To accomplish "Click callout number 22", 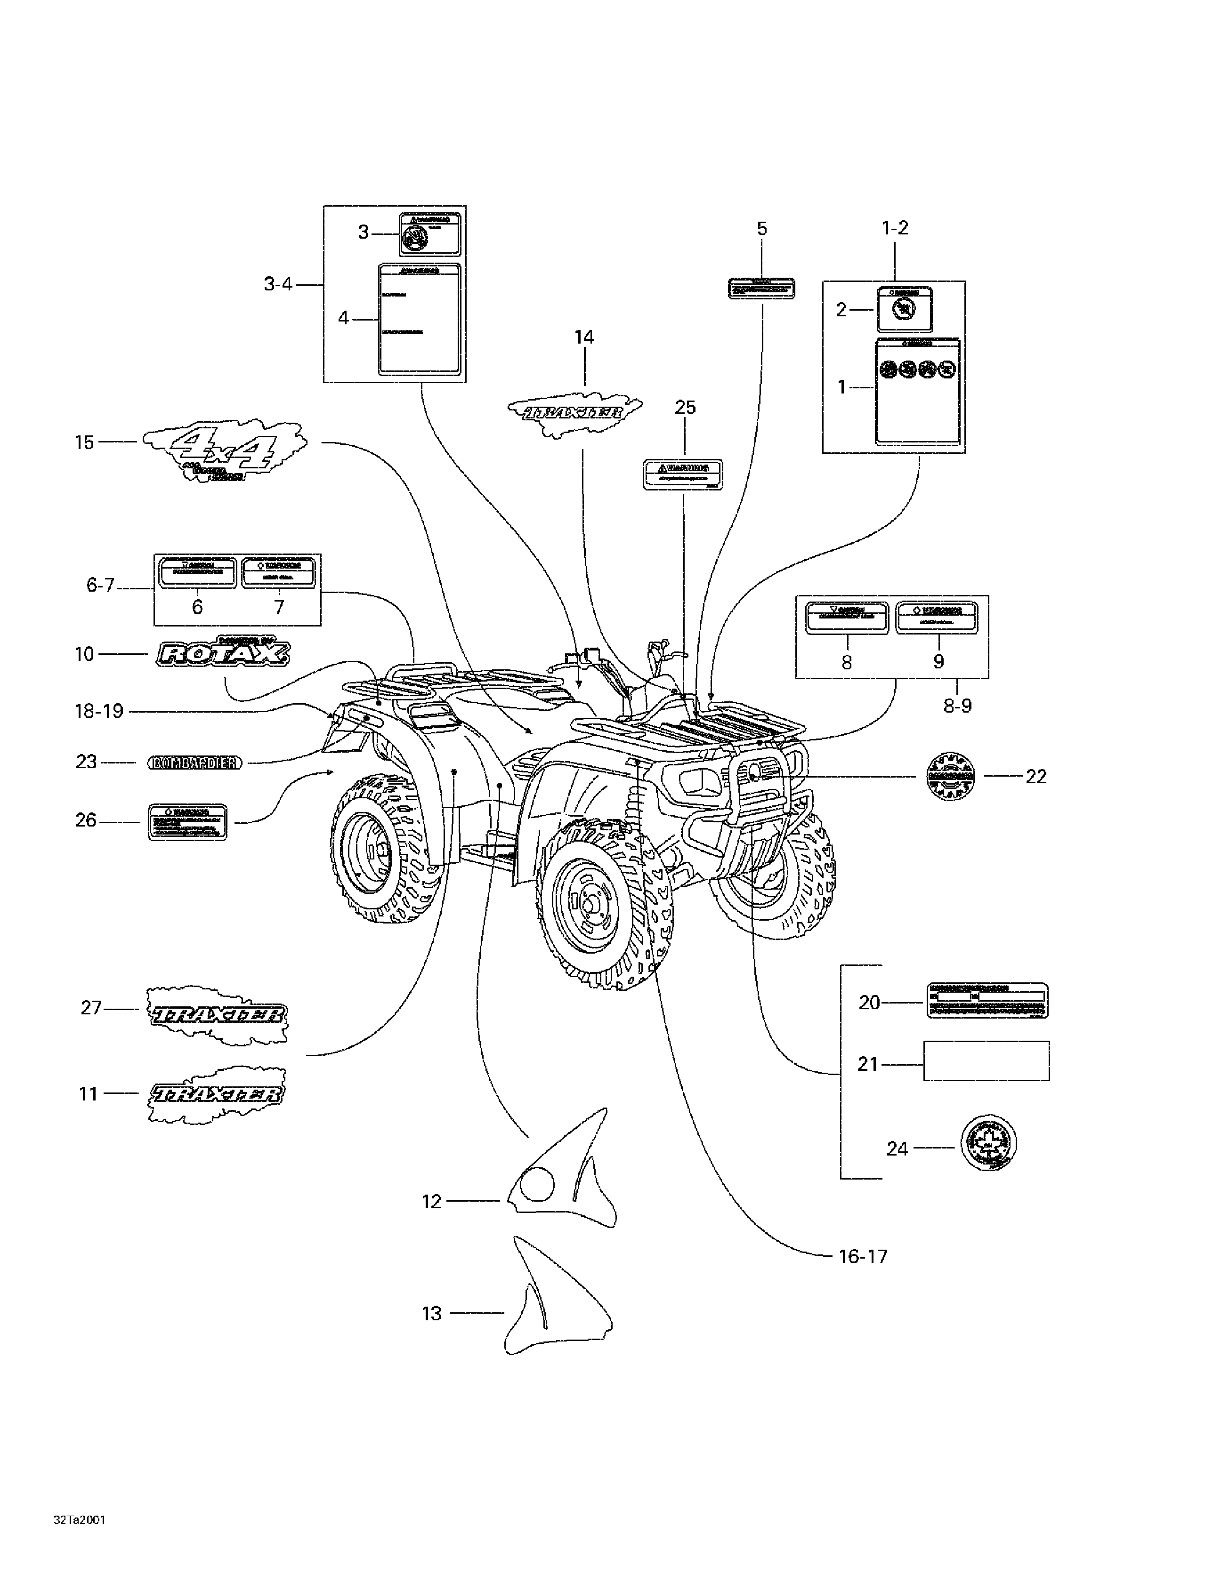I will click(x=1035, y=776).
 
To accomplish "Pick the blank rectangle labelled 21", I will click(x=986, y=1060).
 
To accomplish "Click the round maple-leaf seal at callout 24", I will click(x=988, y=1143).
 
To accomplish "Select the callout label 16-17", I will click(x=863, y=1256).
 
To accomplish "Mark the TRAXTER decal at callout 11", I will click(x=216, y=1094).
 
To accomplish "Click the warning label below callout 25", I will click(x=682, y=474).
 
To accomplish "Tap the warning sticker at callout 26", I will click(x=187, y=821).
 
